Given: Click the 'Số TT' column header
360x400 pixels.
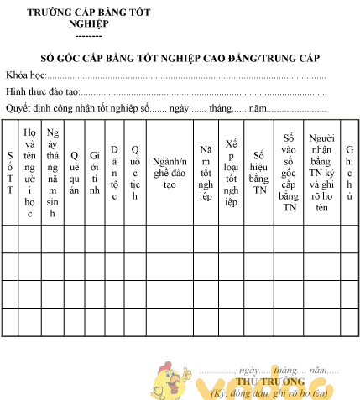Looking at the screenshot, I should click(x=9, y=173).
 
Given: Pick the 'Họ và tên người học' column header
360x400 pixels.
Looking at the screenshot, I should click(x=29, y=173).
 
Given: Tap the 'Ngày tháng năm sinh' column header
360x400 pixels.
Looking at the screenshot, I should click(x=52, y=173).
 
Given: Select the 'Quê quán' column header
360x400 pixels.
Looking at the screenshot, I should click(x=74, y=173).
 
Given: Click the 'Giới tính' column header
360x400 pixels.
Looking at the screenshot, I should click(x=94, y=173).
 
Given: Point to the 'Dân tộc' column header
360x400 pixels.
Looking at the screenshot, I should click(x=114, y=173).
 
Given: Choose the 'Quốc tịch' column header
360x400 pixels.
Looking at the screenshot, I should click(x=134, y=173).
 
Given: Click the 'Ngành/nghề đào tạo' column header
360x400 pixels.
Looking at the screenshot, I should click(x=170, y=173).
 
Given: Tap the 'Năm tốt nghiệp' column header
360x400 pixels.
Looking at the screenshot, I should click(x=206, y=173).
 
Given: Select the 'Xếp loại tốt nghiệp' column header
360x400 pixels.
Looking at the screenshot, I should click(x=232, y=173).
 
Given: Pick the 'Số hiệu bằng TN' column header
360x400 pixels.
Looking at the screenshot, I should click(x=259, y=173).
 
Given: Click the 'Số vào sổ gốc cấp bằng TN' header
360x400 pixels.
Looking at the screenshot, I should click(x=289, y=173).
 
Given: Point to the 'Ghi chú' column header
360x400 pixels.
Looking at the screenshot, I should click(x=349, y=173).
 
